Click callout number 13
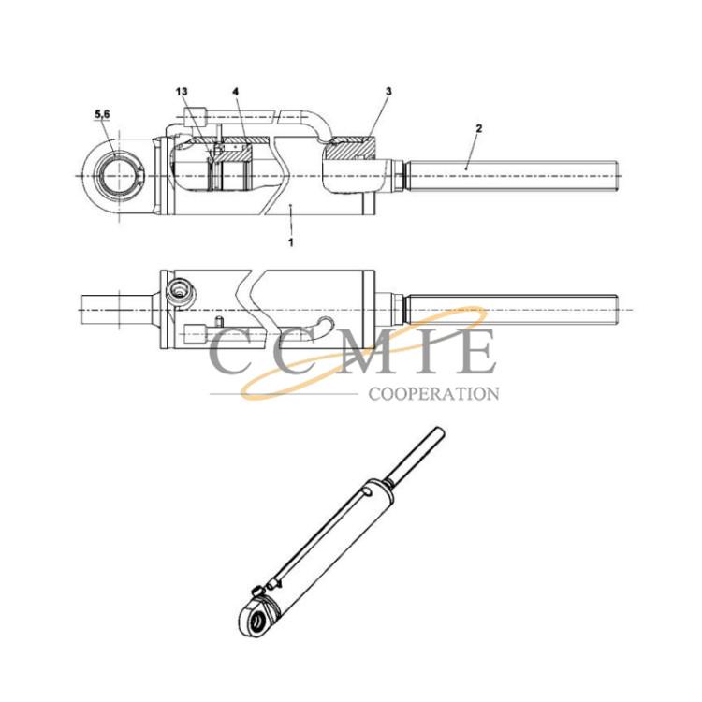[182, 92]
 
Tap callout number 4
[236, 92]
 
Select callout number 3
[388, 92]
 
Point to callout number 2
[479, 128]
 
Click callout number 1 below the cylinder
[291, 242]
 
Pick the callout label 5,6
[102, 114]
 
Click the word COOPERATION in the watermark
[433, 394]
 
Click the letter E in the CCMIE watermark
[475, 351]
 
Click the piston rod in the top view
[511, 176]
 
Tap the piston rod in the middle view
[511, 310]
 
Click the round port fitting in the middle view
[180, 293]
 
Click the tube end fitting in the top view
[195, 117]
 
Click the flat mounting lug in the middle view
[117, 310]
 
